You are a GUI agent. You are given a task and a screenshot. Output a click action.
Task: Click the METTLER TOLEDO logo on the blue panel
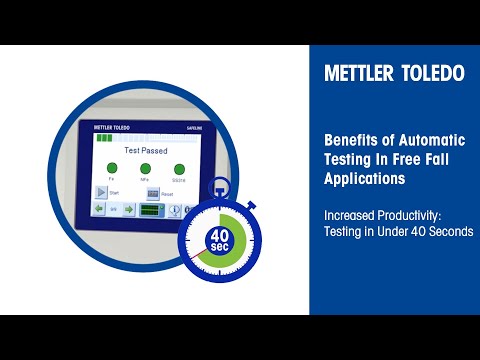(x=394, y=75)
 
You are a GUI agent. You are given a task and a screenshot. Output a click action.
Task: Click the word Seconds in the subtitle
(x=447, y=231)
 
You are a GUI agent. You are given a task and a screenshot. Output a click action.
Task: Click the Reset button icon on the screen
(x=153, y=192)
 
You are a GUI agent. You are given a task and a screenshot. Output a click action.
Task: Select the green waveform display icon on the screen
(x=152, y=210)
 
